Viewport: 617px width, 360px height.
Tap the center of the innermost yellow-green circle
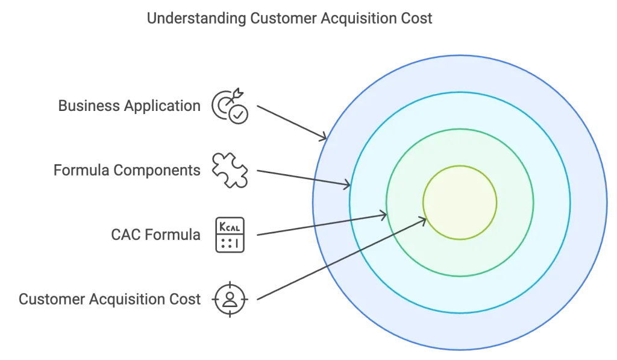(460, 203)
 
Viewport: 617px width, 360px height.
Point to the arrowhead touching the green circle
(384, 214)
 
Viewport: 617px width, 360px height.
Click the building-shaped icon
(230, 233)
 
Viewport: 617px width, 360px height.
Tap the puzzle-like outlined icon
(230, 171)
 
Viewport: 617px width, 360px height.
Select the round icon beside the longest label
(230, 298)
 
